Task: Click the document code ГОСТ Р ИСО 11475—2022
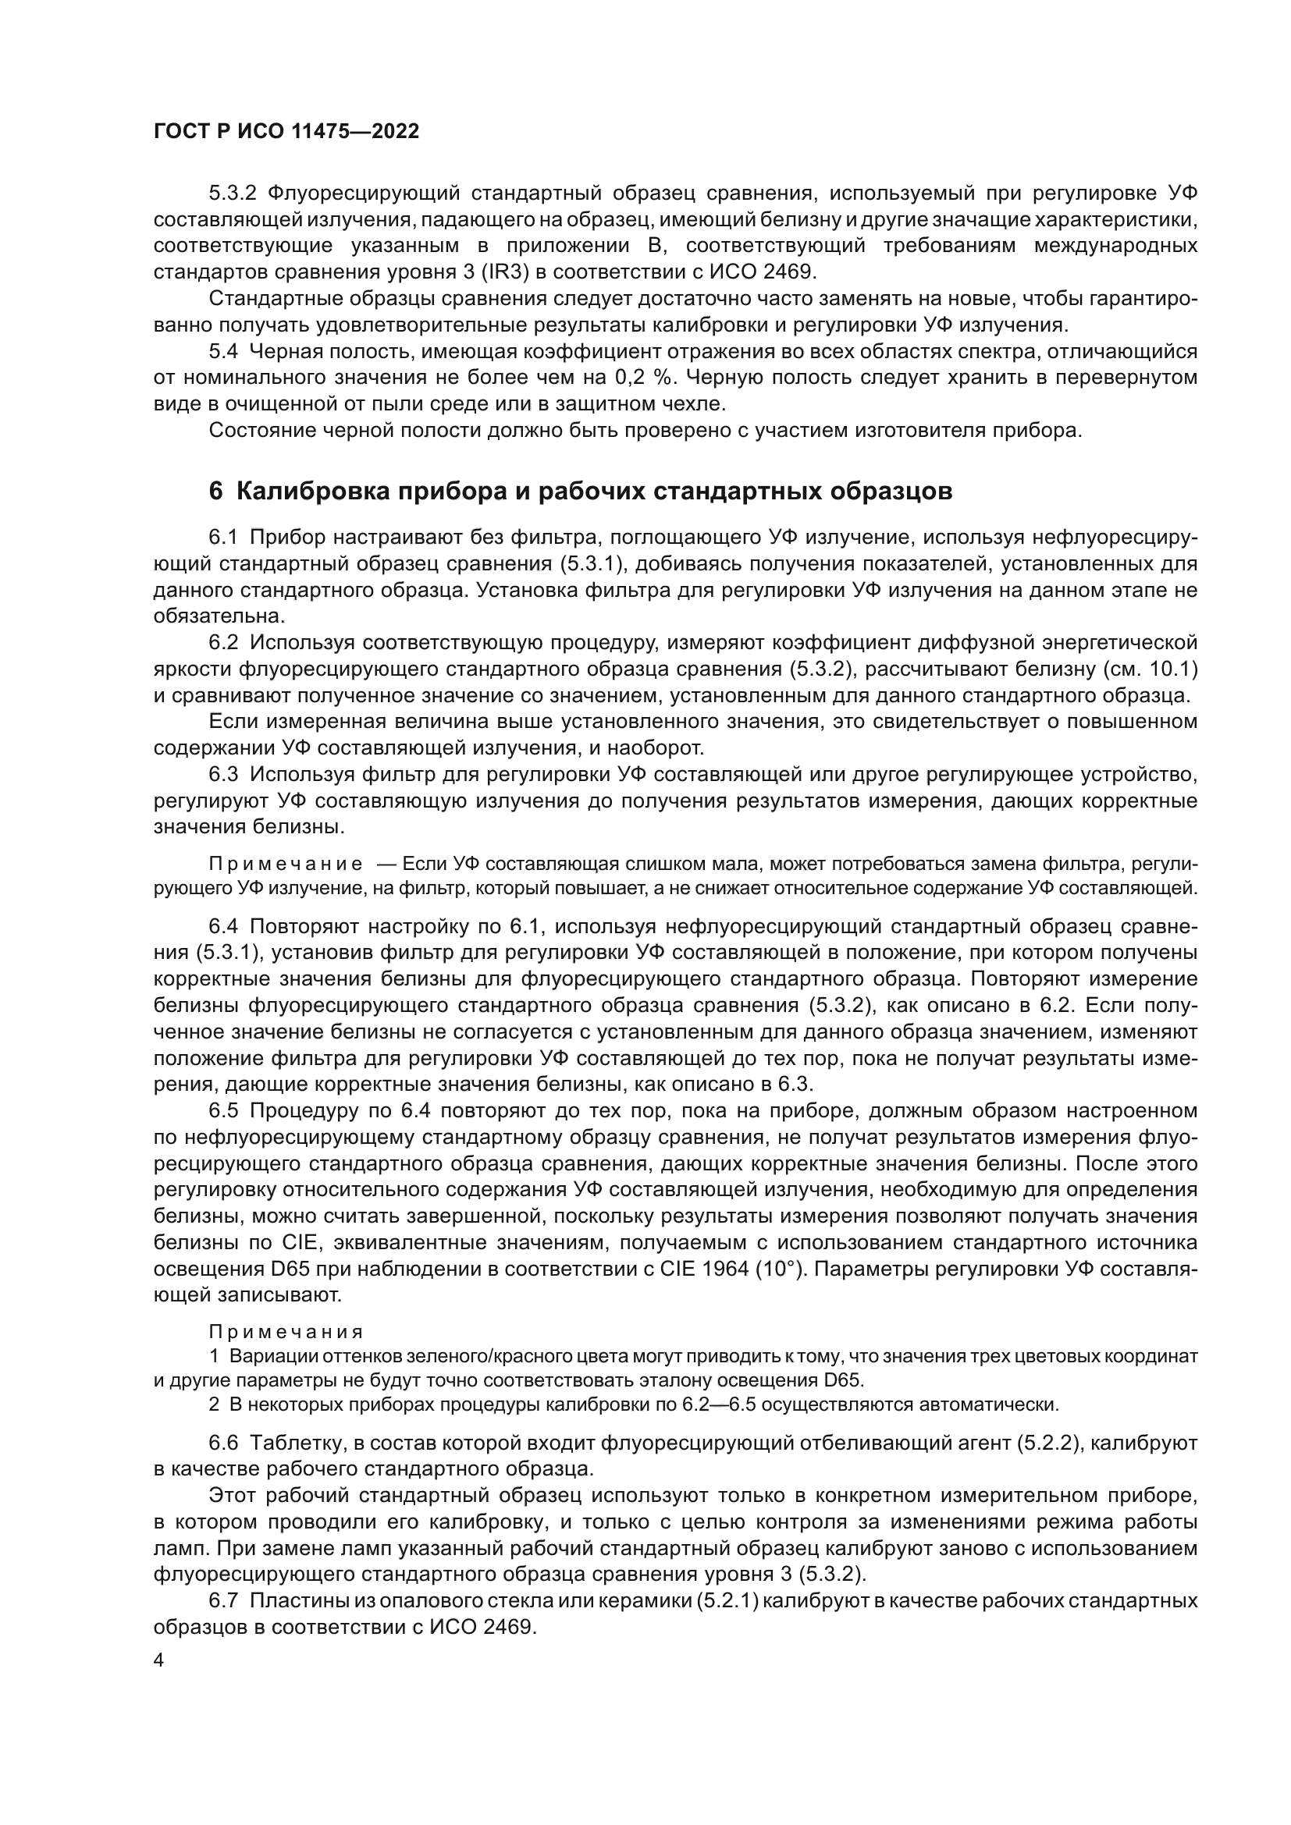coord(286,132)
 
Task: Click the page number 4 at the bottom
coord(159,1661)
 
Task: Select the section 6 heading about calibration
coord(580,492)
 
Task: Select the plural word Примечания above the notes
coord(286,1331)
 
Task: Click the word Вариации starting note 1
coord(264,1356)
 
